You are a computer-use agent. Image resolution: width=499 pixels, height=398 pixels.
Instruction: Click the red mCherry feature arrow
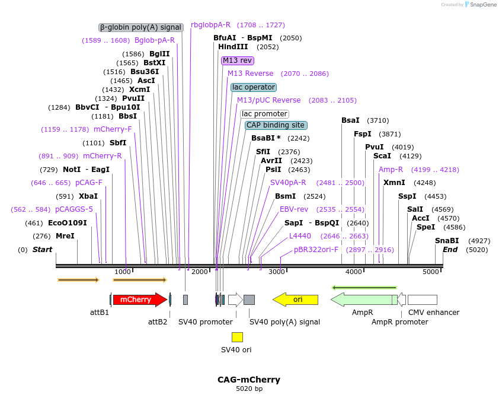[139, 300]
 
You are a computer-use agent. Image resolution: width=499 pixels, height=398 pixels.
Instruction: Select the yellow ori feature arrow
[296, 300]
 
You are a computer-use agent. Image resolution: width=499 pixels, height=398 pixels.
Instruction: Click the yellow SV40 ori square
[237, 337]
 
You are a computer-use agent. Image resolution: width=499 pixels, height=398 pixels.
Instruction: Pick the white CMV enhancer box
[422, 300]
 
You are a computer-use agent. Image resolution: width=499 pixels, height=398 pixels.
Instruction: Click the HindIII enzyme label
[233, 47]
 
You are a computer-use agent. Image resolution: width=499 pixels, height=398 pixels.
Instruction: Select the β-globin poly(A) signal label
[140, 27]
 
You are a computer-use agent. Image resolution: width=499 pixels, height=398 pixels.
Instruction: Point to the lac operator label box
[254, 87]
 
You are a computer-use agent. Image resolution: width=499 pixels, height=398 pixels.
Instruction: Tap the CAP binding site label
[276, 125]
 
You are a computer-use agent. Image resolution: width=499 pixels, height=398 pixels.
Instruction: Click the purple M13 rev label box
[238, 61]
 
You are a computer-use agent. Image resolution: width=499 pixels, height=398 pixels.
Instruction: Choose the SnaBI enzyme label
[447, 241]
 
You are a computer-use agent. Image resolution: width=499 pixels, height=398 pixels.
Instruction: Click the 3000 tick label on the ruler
[277, 272]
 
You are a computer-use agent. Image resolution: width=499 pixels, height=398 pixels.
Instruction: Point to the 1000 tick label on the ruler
[123, 272]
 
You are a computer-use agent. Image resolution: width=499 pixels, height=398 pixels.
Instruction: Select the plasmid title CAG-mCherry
[249, 380]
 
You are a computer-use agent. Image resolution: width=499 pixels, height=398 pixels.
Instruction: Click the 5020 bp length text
[249, 389]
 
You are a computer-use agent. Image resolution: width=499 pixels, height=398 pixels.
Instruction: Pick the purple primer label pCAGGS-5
[74, 209]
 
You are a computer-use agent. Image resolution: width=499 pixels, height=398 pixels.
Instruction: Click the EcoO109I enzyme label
[68, 223]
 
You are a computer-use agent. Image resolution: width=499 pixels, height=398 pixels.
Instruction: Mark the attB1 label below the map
[100, 312]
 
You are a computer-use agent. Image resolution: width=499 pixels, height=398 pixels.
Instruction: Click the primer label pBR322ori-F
[316, 250]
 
